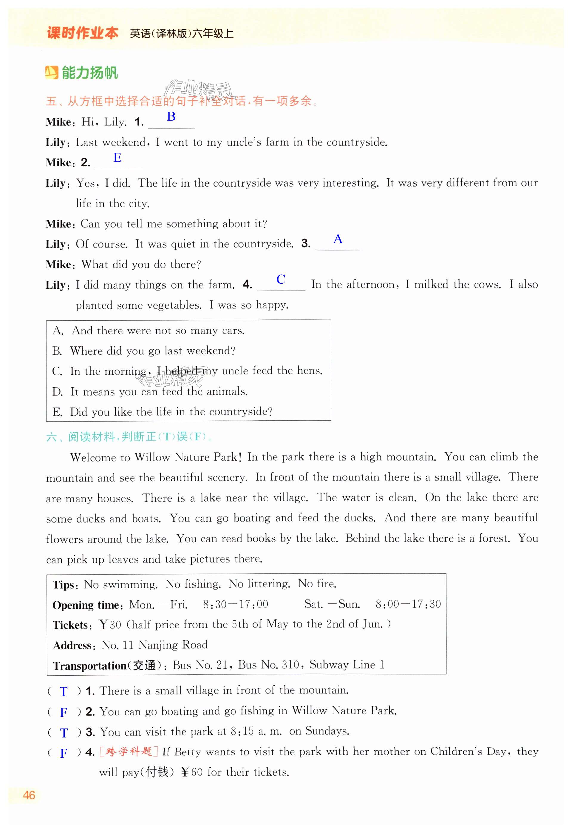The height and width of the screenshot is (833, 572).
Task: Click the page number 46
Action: click(x=29, y=795)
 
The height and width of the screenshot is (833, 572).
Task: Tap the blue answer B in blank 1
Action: click(x=171, y=117)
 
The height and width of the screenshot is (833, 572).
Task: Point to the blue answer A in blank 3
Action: click(x=338, y=239)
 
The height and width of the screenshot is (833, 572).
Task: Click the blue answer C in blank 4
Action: click(x=281, y=279)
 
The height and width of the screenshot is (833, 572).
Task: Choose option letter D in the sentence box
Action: click(x=57, y=391)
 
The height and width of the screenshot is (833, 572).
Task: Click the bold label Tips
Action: click(x=64, y=585)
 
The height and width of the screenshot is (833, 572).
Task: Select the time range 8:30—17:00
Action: click(x=236, y=605)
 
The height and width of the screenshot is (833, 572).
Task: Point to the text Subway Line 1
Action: click(x=347, y=665)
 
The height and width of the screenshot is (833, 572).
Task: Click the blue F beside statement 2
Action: click(x=64, y=712)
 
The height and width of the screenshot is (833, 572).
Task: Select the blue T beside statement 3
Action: click(x=64, y=733)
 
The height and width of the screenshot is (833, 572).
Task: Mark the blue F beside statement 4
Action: click(x=64, y=753)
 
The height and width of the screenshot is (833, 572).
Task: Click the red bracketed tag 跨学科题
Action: click(x=129, y=751)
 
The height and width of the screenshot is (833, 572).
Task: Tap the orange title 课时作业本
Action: click(x=83, y=33)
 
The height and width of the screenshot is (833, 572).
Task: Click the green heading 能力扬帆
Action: click(x=89, y=73)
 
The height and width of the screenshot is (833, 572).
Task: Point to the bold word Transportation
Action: click(x=89, y=666)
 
